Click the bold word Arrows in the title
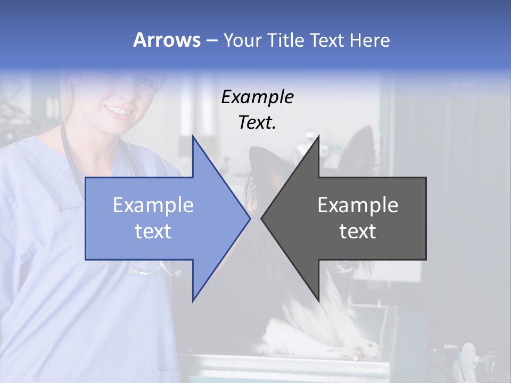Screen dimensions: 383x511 (x=167, y=40)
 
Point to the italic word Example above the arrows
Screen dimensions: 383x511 (x=257, y=97)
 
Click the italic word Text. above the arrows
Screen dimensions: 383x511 (x=257, y=123)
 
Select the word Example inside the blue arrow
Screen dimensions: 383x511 (x=153, y=205)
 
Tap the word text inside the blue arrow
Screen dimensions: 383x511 (x=153, y=231)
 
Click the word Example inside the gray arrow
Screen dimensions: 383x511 (x=358, y=205)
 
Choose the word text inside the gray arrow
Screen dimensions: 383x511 (x=358, y=231)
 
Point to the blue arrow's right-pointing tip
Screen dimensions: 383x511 (x=249, y=218)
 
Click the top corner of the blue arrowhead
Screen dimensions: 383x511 (x=193, y=137)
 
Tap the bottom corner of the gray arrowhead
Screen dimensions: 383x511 (x=318, y=301)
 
